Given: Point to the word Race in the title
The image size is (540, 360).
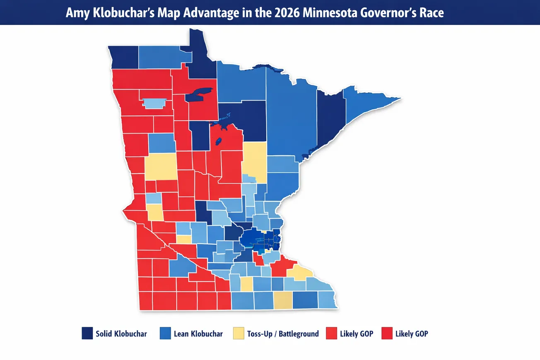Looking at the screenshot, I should click(432, 12).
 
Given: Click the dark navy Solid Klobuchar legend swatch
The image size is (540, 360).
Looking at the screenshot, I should click(87, 333).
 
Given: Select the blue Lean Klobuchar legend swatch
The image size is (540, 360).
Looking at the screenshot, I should click(165, 333).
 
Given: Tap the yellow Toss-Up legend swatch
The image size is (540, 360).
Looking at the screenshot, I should click(239, 333).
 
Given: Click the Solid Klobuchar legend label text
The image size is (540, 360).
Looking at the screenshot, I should click(121, 334).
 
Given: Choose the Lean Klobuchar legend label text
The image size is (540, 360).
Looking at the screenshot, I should click(198, 334).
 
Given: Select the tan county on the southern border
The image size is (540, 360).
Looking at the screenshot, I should click(283, 300).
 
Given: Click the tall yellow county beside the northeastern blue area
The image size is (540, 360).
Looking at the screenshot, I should click(254, 162).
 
